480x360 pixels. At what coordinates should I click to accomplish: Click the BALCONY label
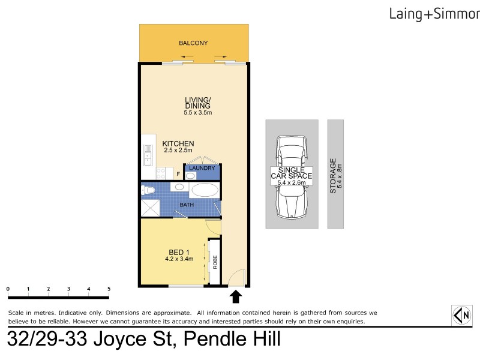pyautogui.click(x=193, y=43)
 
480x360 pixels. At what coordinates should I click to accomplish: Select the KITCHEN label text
pyautogui.click(x=178, y=143)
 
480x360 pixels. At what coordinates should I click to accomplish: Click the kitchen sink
pyautogui.click(x=146, y=157)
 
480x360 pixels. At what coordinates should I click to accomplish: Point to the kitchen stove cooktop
pyautogui.click(x=161, y=172)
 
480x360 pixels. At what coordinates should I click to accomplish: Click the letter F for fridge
pyautogui.click(x=178, y=174)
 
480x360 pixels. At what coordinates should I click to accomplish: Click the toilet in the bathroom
pyautogui.click(x=148, y=190)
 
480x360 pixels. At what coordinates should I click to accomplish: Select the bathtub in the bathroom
pyautogui.click(x=205, y=191)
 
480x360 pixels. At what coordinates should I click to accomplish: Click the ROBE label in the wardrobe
pyautogui.click(x=213, y=262)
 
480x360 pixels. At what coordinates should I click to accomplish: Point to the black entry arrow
pyautogui.click(x=236, y=296)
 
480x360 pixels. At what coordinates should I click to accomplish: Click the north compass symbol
pyautogui.click(x=461, y=315)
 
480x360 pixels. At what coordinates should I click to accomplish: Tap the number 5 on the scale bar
pyautogui.click(x=109, y=289)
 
